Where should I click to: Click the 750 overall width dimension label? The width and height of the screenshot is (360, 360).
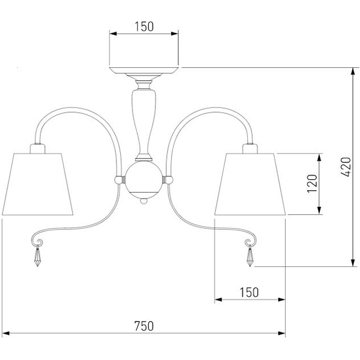(144, 326)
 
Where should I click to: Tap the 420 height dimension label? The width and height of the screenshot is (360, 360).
(346, 167)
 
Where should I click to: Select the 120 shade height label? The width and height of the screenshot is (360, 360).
(312, 184)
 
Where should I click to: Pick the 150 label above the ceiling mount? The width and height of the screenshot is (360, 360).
(144, 26)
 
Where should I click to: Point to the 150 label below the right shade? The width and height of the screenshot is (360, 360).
(249, 293)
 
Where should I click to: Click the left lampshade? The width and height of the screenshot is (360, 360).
(37, 184)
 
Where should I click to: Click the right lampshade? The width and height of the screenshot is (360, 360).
(250, 184)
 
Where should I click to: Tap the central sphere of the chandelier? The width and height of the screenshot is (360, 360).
(144, 180)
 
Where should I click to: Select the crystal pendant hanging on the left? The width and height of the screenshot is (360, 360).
(37, 256)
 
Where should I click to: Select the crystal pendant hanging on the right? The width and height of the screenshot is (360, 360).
(250, 256)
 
